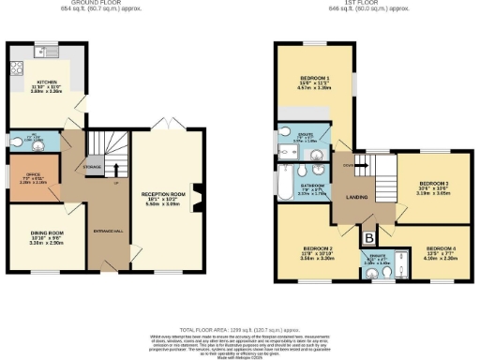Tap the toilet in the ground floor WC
pyautogui.click(x=16, y=142)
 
